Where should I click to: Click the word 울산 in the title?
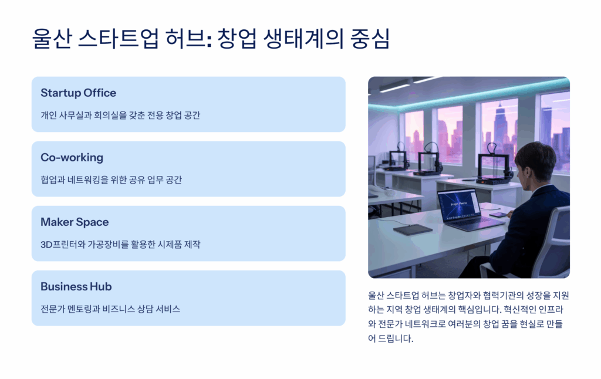tap(52, 39)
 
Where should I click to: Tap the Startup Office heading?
tap(78, 93)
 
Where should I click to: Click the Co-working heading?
tap(72, 157)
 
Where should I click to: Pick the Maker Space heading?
tap(75, 222)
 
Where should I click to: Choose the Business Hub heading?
tap(76, 287)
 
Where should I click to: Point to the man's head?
tap(535, 162)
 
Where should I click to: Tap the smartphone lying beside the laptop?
tap(499, 215)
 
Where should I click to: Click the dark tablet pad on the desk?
tap(413, 229)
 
